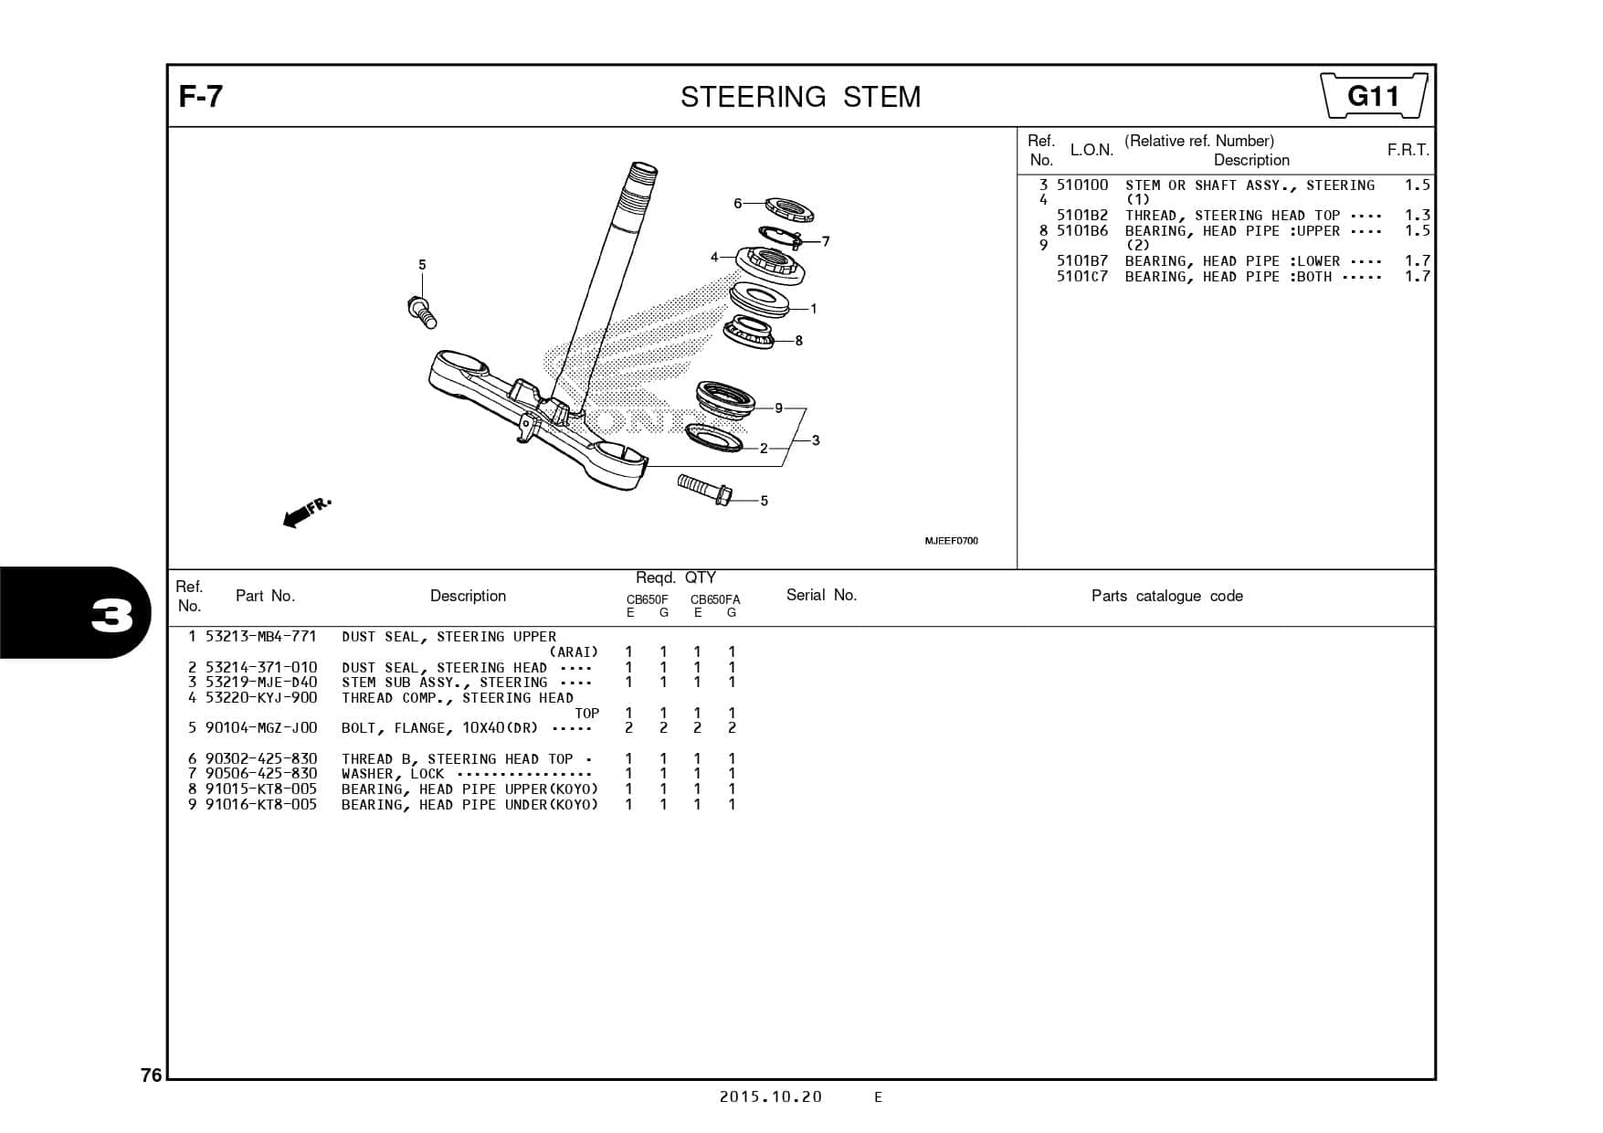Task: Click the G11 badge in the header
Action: point(1374,96)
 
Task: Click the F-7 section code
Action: point(200,96)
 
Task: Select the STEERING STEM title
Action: point(800,97)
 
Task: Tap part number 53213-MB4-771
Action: point(260,637)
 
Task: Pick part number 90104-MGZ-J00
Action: point(260,728)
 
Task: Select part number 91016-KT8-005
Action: point(260,805)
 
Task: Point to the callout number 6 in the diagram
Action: point(738,203)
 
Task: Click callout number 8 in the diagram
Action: point(798,341)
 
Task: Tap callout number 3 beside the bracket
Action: point(816,440)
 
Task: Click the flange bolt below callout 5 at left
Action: point(422,312)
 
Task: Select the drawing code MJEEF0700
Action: point(951,541)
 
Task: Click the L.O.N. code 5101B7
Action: point(1081,261)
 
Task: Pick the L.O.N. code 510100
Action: point(1081,185)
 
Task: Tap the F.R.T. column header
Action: point(1408,150)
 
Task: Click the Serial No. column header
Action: point(821,595)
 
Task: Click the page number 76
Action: point(151,1075)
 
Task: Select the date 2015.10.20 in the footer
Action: point(770,1096)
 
